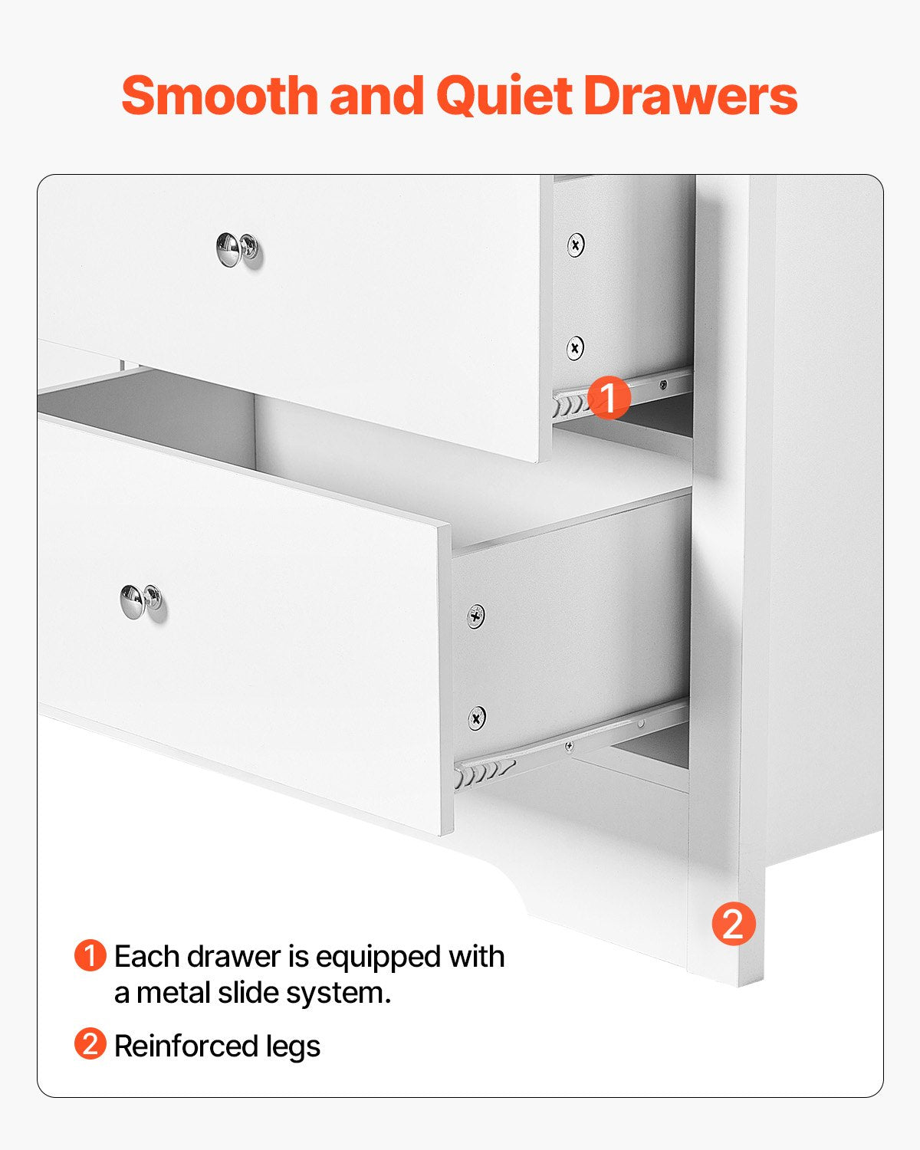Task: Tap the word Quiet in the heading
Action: tap(503, 96)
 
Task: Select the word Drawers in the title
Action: tap(690, 96)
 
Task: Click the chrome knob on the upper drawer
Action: tap(237, 250)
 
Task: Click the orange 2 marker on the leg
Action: tap(734, 924)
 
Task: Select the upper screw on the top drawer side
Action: tap(576, 245)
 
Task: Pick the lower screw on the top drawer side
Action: tap(575, 348)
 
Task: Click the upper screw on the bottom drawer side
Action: tap(476, 616)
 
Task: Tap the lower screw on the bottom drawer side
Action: tap(477, 718)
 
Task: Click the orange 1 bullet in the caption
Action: tap(90, 956)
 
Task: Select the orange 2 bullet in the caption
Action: tap(90, 1044)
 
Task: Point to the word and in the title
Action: tap(376, 96)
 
